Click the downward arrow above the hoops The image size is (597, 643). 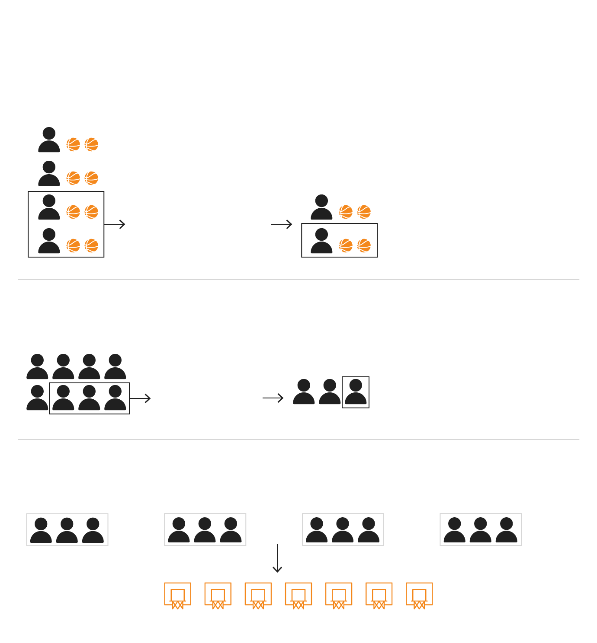tap(277, 558)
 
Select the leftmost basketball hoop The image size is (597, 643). tap(177, 595)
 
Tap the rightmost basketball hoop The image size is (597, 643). tap(419, 595)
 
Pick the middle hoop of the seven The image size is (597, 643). tap(298, 595)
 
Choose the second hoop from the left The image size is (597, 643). tap(218, 595)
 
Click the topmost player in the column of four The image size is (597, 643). tap(49, 140)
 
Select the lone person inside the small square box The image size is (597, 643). tap(356, 392)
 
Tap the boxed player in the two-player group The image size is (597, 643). tap(321, 241)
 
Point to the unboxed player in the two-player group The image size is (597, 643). tap(321, 207)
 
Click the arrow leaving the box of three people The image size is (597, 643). tap(140, 398)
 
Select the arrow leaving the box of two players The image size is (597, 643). tap(115, 224)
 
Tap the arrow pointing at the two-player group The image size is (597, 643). tap(282, 224)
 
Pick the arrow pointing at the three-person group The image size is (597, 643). tap(273, 398)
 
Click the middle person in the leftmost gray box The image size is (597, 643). tap(67, 530)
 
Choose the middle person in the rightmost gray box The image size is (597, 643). tap(481, 530)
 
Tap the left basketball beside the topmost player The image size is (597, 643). tap(73, 144)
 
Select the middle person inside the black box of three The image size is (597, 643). tap(89, 398)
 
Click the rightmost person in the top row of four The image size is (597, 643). tap(115, 367)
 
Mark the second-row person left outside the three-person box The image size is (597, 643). tap(37, 398)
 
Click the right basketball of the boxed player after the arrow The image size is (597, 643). tap(364, 245)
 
